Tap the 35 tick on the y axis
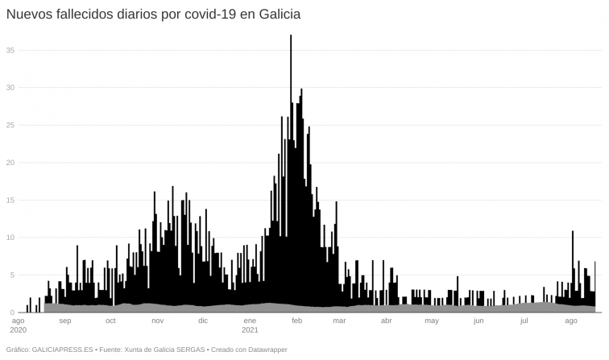[10, 50]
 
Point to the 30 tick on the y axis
[10, 87]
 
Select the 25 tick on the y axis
[10, 125]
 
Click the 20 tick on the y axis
[10, 162]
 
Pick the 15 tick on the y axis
[10, 200]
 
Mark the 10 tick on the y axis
[10, 237]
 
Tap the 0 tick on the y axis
[13, 312]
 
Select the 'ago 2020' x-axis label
[18, 325]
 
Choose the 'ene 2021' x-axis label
[251, 325]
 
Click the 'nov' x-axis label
[158, 321]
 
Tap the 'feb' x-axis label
[296, 321]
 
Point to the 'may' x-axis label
[432, 321]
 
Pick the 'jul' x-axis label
[524, 321]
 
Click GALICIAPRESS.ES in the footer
[61, 350]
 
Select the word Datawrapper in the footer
[265, 350]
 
